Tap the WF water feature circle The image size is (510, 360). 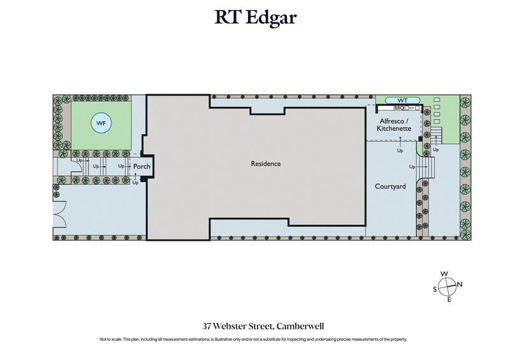[101, 124]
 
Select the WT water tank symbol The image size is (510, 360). [402, 101]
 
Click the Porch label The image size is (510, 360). [142, 166]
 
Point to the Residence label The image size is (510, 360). [265, 164]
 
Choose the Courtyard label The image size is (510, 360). [391, 186]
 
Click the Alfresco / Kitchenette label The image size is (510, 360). [394, 124]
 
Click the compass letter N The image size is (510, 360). [460, 284]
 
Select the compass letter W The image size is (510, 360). [445, 274]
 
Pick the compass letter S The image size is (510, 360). [435, 289]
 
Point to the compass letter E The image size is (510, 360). [449, 299]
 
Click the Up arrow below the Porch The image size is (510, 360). [135, 183]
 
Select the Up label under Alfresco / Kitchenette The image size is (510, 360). [400, 151]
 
